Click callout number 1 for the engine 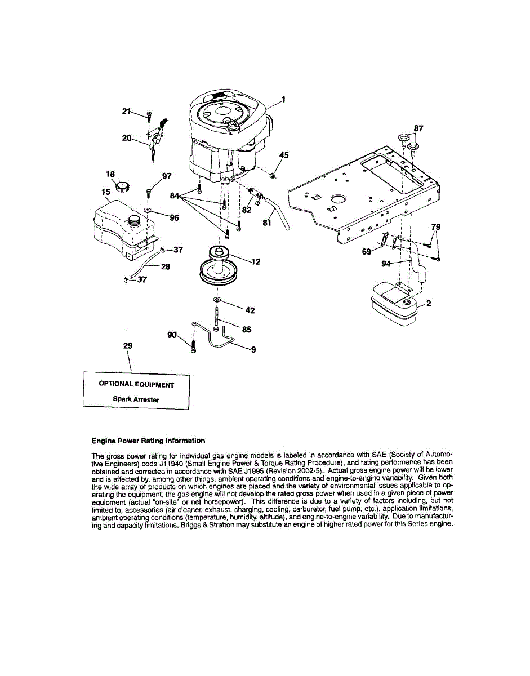[283, 100]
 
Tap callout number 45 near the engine [284, 155]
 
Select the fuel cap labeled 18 [123, 186]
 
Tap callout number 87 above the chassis [418, 129]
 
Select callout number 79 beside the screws [435, 227]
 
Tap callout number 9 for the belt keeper [253, 349]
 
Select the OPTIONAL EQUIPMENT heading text [136, 384]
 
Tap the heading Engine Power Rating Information [148, 441]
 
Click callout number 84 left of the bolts [175, 195]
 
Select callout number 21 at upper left [126, 112]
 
